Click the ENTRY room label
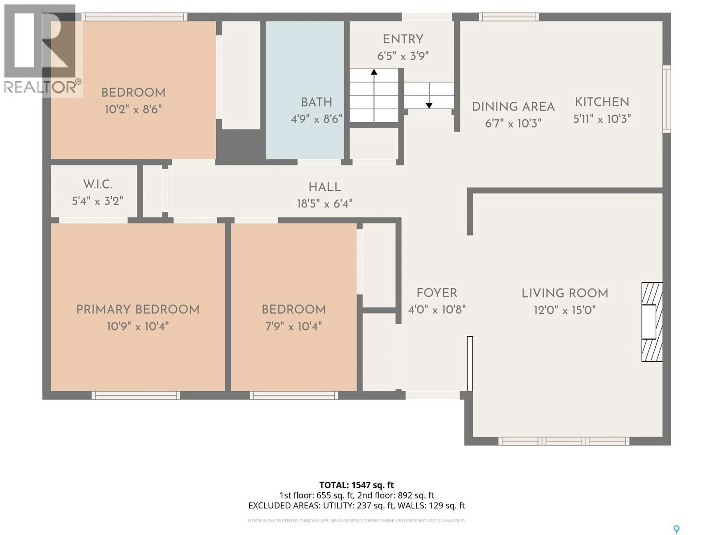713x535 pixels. (403, 39)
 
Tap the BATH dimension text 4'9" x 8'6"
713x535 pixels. (316, 119)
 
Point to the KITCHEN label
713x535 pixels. (602, 102)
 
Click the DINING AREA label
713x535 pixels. (513, 107)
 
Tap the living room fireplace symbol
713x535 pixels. (651, 322)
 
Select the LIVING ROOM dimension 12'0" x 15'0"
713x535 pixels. (565, 310)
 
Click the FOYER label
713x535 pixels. (437, 293)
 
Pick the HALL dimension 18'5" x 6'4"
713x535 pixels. (325, 204)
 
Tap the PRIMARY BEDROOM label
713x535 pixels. (138, 310)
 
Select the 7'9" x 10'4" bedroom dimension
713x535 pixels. (294, 327)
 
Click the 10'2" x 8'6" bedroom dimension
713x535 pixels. (133, 110)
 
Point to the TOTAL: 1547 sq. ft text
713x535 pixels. (356, 485)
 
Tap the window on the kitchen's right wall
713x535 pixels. (667, 99)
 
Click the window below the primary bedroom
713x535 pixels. (136, 395)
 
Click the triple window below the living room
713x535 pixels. (564, 441)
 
